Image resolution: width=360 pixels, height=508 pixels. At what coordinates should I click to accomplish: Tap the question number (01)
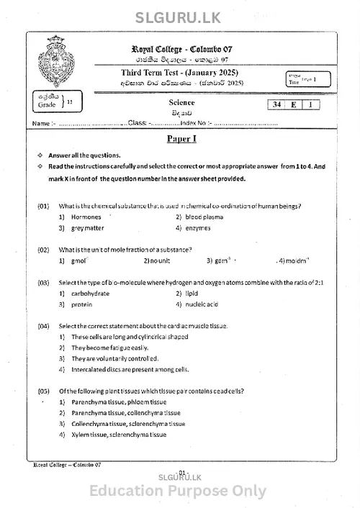coord(43,206)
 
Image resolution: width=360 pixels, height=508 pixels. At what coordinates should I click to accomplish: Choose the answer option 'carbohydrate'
coord(90,294)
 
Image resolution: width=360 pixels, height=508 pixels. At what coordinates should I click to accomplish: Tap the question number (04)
coord(43,326)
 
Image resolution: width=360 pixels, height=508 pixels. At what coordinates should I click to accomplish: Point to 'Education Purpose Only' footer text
coord(178,491)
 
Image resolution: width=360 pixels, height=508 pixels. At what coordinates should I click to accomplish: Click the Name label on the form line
coord(40,124)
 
